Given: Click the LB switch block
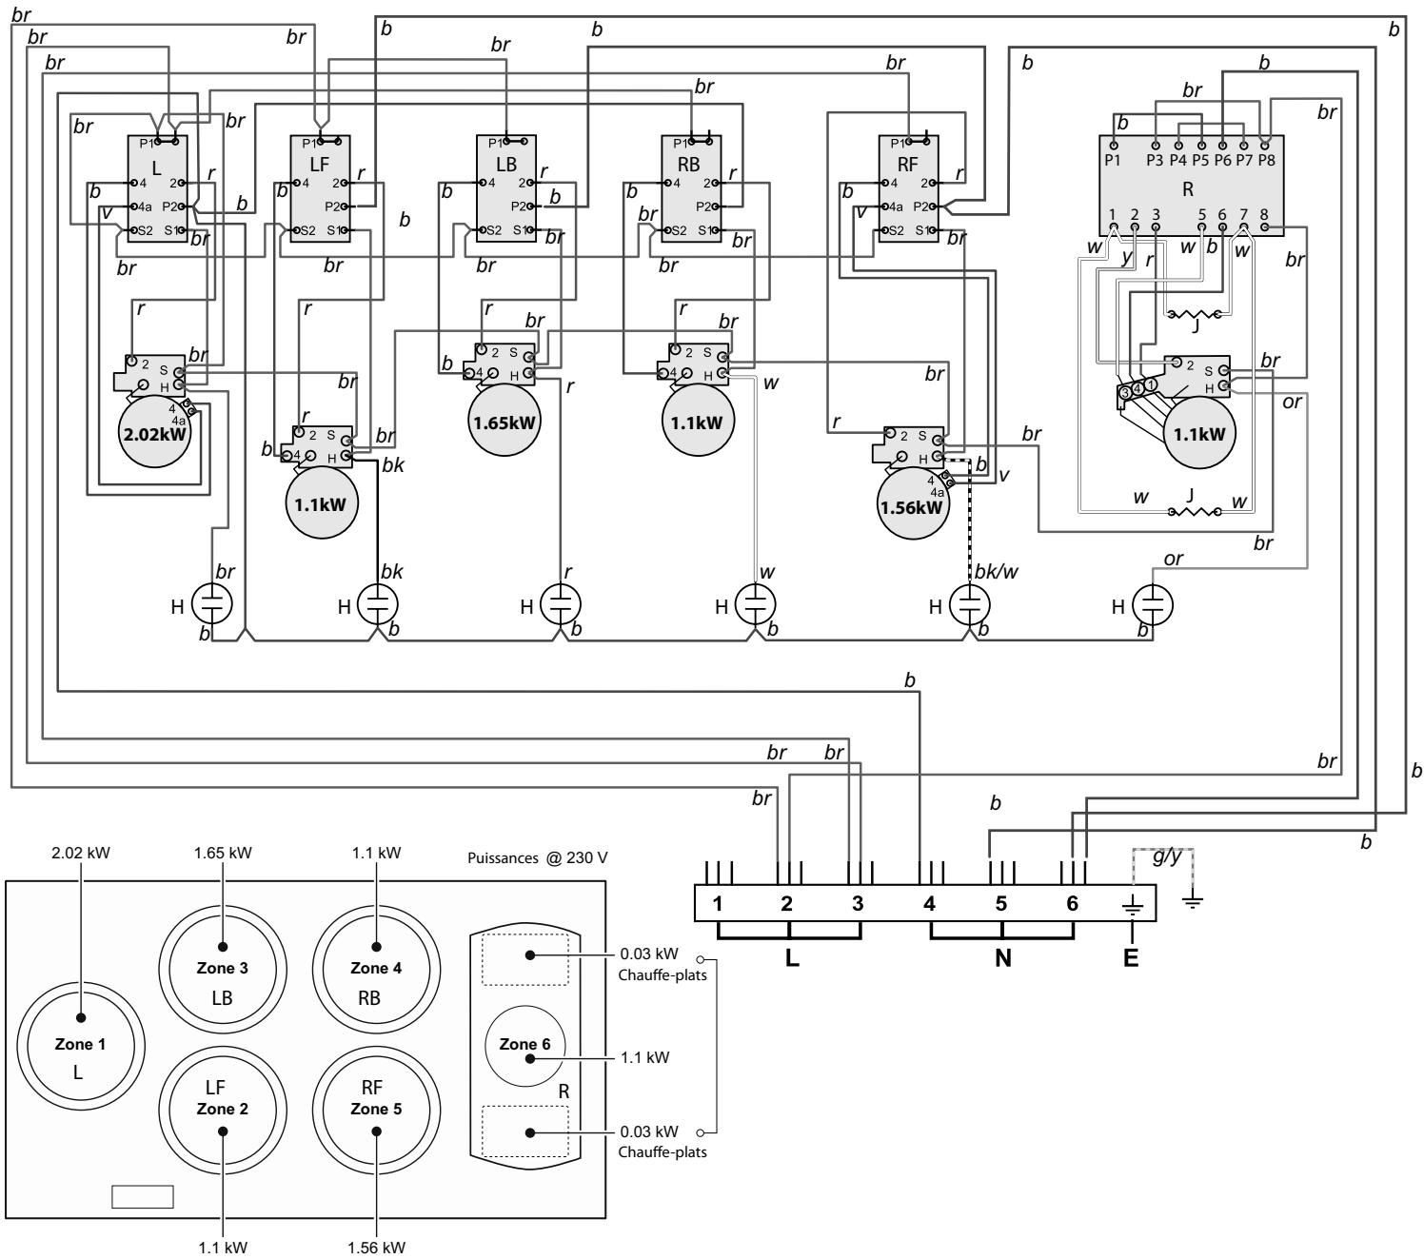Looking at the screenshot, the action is tap(506, 188).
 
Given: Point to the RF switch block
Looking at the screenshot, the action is tap(908, 188).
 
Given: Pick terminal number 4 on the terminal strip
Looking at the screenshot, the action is tap(929, 903).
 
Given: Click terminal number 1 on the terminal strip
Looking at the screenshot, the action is tap(717, 903).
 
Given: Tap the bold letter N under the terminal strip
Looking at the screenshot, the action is tap(1002, 957).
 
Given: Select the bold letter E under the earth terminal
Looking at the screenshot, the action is tap(1131, 957).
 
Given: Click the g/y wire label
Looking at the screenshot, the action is tap(1167, 856).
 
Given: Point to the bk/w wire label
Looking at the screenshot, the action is tap(996, 571).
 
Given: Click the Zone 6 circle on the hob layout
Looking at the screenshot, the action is tap(524, 1045).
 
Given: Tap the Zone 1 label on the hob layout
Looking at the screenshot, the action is tap(80, 1043).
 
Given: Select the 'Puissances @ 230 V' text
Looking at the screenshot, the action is tap(538, 857).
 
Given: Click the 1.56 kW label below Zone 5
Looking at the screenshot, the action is tap(376, 1247).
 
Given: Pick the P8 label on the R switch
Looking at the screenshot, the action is tap(1267, 160).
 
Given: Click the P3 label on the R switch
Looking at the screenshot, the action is tap(1155, 160).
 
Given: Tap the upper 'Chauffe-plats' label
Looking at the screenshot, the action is tap(663, 975).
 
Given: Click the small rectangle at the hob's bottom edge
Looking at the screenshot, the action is tap(143, 1196).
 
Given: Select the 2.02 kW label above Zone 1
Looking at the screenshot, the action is tap(81, 853).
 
